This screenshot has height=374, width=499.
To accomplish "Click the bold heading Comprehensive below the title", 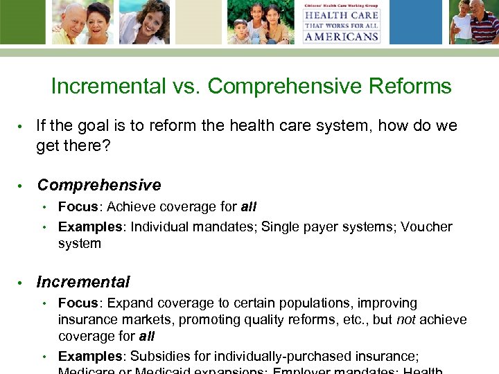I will [99, 186].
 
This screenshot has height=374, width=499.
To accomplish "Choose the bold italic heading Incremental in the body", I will [83, 283].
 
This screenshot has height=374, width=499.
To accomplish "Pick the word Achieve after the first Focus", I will [131, 207].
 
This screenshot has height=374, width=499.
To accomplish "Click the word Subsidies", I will [159, 357].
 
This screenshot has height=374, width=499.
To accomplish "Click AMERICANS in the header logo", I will [340, 36].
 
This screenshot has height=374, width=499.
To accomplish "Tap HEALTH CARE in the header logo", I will [340, 15].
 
